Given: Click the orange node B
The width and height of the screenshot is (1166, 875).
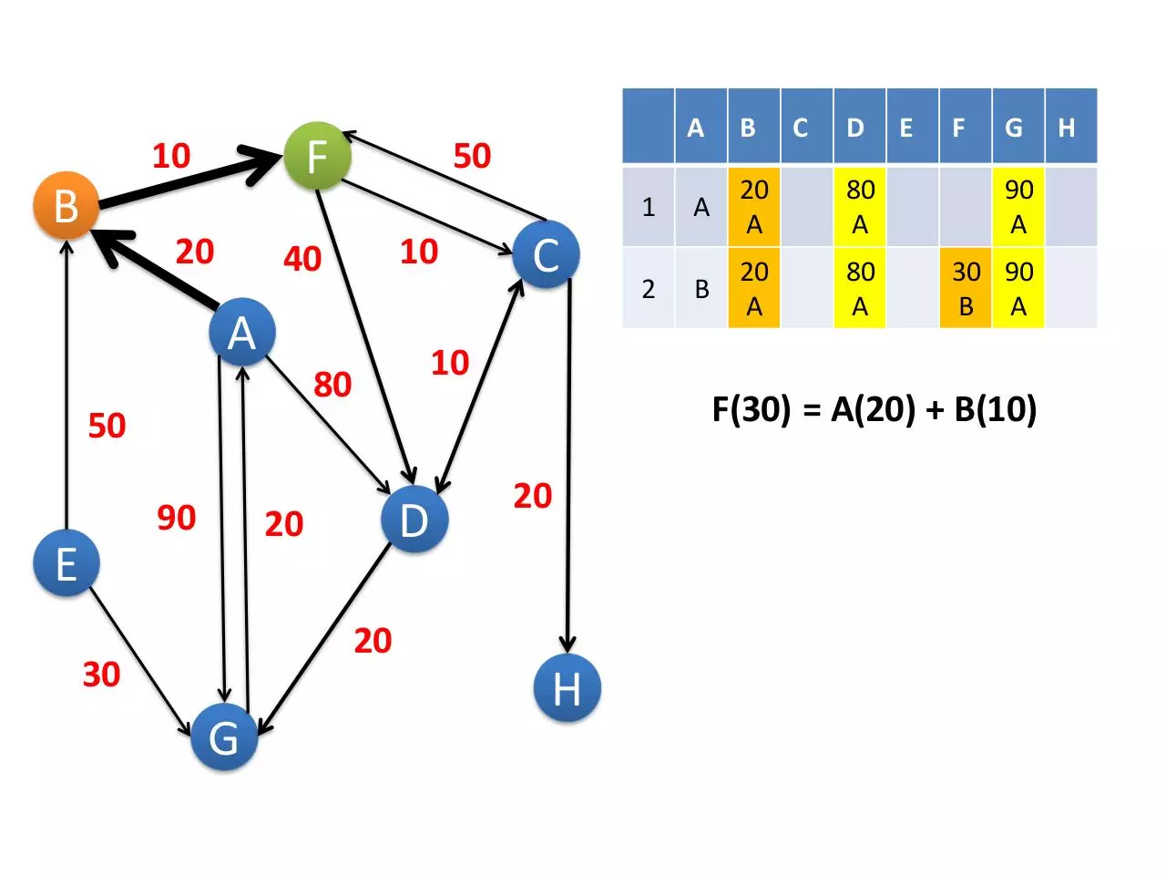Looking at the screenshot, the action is pyautogui.click(x=66, y=205).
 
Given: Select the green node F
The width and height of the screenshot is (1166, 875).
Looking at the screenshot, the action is pyautogui.click(x=317, y=156).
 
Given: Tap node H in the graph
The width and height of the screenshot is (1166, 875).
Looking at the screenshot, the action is pyautogui.click(x=567, y=687).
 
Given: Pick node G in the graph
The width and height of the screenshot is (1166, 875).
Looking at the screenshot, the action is pyautogui.click(x=224, y=736).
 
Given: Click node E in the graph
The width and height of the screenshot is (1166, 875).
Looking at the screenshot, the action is pyautogui.click(x=66, y=563).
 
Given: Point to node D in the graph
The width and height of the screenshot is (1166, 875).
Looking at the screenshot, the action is pyautogui.click(x=414, y=519).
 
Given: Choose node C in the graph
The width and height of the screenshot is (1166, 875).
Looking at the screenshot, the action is pyautogui.click(x=546, y=254).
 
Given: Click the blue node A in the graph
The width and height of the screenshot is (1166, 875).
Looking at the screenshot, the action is pyautogui.click(x=242, y=332).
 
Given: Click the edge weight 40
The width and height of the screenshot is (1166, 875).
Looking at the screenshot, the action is pyautogui.click(x=302, y=259).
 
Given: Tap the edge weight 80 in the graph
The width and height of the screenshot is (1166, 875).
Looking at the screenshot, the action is pyautogui.click(x=332, y=384).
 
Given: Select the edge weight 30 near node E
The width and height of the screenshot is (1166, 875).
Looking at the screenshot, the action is pyautogui.click(x=101, y=674).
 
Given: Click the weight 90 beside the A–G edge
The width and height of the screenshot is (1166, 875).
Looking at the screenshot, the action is pyautogui.click(x=177, y=518).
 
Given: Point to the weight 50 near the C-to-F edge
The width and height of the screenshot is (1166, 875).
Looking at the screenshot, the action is pyautogui.click(x=472, y=156).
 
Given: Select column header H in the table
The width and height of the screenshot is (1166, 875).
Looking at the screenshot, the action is pyautogui.click(x=1071, y=126).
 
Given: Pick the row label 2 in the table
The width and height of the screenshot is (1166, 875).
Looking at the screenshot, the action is pyautogui.click(x=648, y=289).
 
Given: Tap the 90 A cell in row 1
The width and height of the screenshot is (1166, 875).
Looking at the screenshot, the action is pyautogui.click(x=1018, y=207).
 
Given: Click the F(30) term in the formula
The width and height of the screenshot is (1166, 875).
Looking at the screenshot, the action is pyautogui.click(x=752, y=409).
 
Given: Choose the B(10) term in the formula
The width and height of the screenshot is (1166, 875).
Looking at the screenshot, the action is pyautogui.click(x=995, y=409).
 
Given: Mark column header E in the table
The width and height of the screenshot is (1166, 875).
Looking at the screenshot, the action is pyautogui.click(x=913, y=126).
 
